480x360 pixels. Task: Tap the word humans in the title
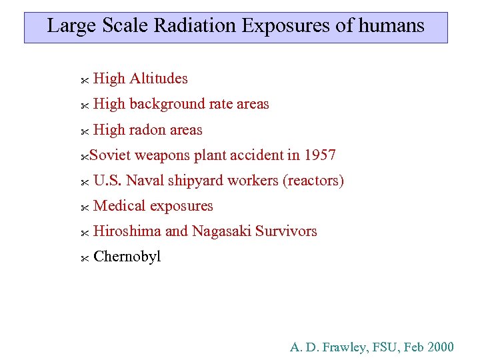click(x=391, y=26)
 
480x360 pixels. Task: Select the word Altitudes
click(x=159, y=79)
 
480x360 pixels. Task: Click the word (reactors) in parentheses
click(x=313, y=181)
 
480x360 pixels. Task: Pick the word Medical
click(x=120, y=206)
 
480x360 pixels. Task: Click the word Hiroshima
click(x=127, y=231)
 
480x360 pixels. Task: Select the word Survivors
click(x=287, y=231)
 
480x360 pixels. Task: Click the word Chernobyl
click(x=127, y=257)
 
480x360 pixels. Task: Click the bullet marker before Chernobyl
click(x=84, y=258)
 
